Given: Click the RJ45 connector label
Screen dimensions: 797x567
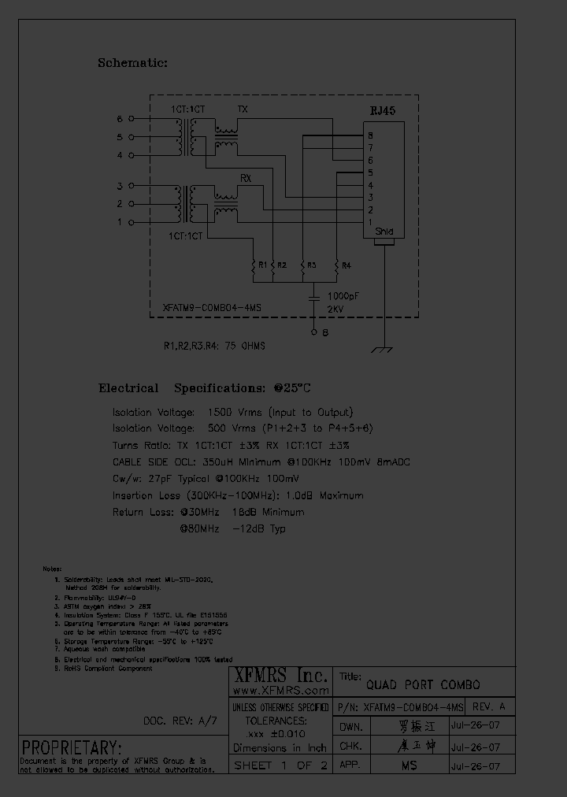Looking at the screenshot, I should click(x=383, y=112).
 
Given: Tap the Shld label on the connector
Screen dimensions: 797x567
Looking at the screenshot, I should click(x=384, y=232).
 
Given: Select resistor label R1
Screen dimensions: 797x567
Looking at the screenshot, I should click(x=262, y=265).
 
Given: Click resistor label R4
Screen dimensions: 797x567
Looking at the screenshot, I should click(x=346, y=265).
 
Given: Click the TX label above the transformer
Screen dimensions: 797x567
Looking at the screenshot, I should click(x=242, y=109).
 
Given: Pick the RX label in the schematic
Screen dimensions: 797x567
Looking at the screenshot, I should click(x=245, y=179).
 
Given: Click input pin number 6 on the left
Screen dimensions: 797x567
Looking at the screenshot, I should click(x=120, y=120).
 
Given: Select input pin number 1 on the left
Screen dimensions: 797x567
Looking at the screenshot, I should click(x=120, y=223).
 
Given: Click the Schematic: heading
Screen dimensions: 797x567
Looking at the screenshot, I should click(x=132, y=63).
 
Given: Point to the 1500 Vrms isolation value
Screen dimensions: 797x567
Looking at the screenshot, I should click(x=232, y=412).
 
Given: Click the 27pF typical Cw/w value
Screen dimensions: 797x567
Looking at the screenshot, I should click(x=165, y=479).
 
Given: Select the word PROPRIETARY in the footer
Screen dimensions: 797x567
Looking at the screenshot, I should click(x=72, y=747).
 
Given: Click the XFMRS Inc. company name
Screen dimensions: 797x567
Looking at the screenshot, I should click(x=280, y=676).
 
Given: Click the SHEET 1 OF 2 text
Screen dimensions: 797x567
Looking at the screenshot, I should click(x=280, y=765).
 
